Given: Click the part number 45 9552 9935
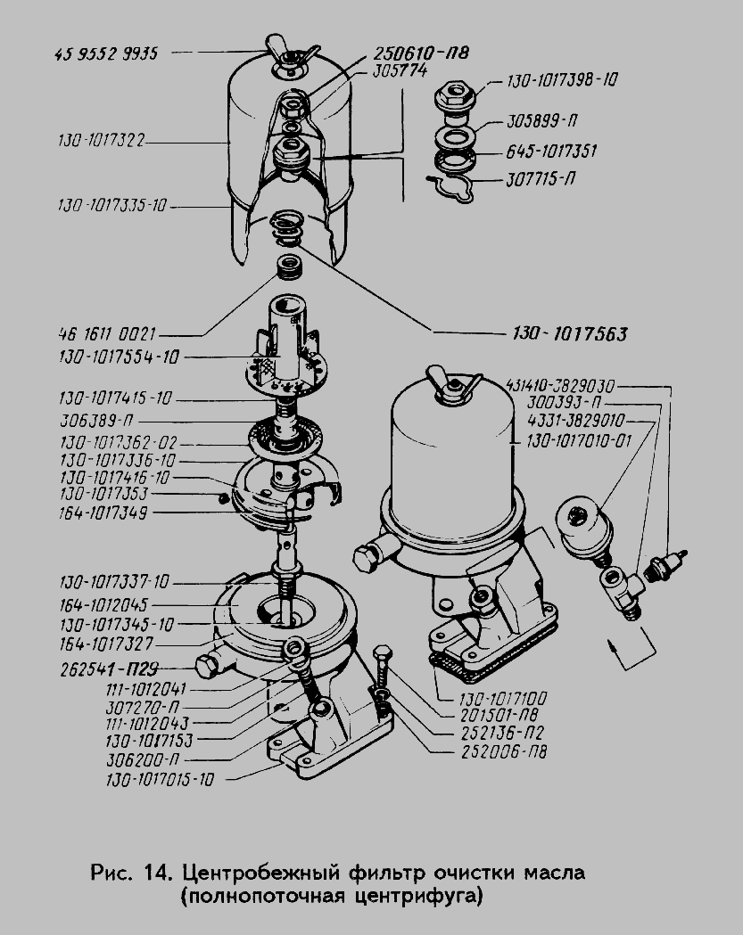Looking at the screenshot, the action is [106, 53].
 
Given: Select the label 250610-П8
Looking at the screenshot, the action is [421, 53].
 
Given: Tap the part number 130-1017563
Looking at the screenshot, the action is [570, 333].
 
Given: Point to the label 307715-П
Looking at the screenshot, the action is [541, 179].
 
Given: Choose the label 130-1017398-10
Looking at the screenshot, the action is [562, 80].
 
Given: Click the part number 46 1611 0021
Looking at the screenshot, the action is [107, 333].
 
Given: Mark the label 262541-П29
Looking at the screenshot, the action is [109, 669].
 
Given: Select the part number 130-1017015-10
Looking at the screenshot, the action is [160, 779].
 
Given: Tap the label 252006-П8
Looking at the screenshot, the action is [504, 751].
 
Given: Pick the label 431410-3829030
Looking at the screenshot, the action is [560, 386].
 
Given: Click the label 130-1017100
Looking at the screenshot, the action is [502, 698].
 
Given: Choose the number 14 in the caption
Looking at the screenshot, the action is [157, 873].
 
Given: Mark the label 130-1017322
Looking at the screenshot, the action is [102, 141].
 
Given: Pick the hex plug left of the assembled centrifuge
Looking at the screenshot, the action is [366, 557].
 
